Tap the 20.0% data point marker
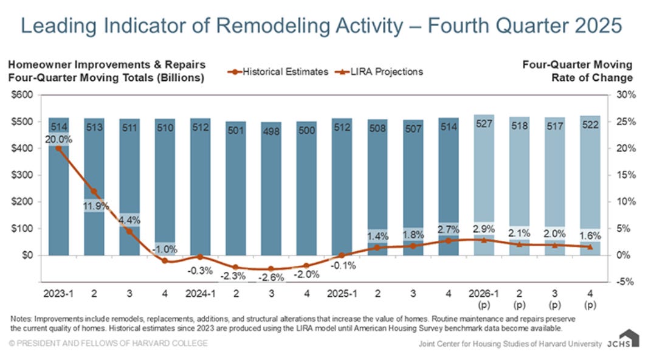58,148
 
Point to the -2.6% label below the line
271,278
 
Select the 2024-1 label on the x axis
200,293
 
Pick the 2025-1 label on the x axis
342,293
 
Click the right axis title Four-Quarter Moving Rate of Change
577,71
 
